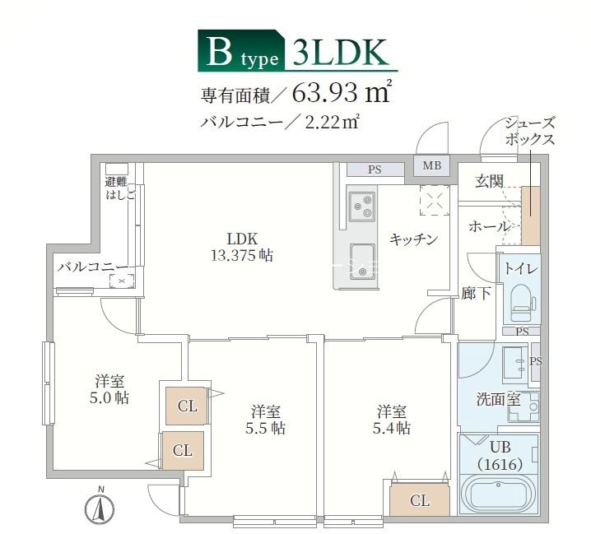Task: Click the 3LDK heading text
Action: [338, 51]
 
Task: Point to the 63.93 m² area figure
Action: [341, 92]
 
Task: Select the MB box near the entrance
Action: [432, 166]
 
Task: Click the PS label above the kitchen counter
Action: [375, 170]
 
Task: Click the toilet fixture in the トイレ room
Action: [521, 302]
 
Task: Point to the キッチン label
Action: [413, 239]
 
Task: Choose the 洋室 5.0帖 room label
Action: [110, 389]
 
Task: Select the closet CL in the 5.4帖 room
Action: [419, 499]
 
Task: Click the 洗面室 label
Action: [499, 401]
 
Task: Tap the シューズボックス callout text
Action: [530, 132]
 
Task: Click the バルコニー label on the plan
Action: [92, 267]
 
